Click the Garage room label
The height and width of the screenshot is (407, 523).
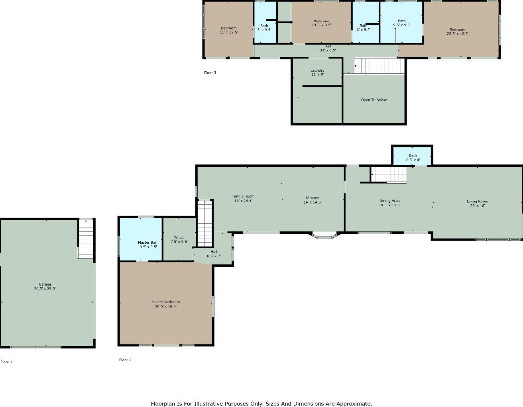45,286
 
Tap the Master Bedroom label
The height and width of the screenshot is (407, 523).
165,304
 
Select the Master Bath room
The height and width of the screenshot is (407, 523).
141,239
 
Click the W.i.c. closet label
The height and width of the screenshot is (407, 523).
179,239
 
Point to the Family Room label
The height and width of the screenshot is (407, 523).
243,198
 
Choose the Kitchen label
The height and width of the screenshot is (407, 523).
313,200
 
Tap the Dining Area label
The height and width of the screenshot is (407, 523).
389,203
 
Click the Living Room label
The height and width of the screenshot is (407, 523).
478,203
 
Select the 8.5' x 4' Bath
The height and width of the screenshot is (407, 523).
412,156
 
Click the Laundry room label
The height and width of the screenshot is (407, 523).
317,72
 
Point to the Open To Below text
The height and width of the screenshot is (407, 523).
374,100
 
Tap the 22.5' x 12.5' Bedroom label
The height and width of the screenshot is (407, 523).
458,31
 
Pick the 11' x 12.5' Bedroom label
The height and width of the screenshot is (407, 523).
229,30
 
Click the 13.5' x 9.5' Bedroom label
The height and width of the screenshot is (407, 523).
321,23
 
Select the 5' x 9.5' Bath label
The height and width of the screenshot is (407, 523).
264,27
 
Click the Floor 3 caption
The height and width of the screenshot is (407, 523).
210,72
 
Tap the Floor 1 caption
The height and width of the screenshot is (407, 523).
6,362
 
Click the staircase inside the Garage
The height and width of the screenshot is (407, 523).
86,239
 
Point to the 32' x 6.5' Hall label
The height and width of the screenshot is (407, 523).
328,48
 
